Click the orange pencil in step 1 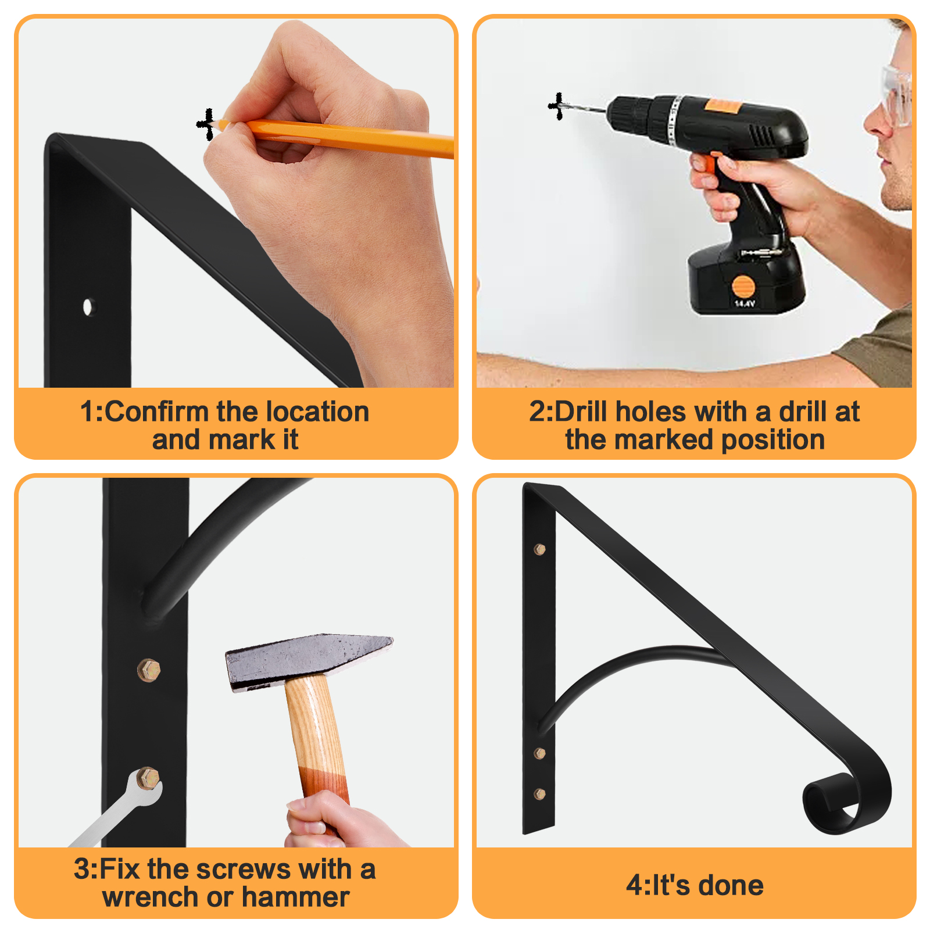(x=337, y=138)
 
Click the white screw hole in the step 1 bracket (x=88, y=306)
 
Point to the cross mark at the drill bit (x=557, y=106)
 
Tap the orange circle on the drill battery (x=743, y=287)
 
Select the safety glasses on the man (x=896, y=96)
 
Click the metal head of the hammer (x=308, y=660)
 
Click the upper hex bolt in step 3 (x=149, y=670)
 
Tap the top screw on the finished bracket (x=539, y=549)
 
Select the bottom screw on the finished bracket (x=539, y=793)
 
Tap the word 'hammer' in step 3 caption (x=296, y=897)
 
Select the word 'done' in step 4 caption (x=731, y=885)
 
